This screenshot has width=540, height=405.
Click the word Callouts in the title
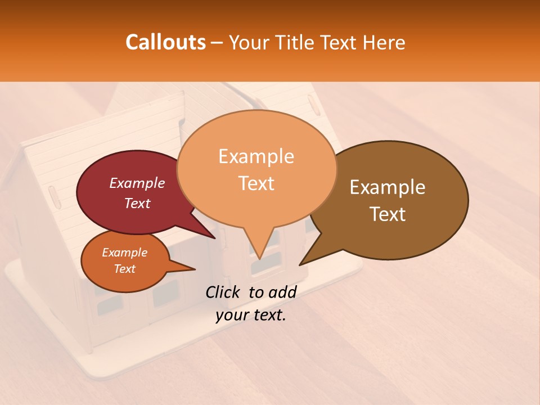tap(165, 42)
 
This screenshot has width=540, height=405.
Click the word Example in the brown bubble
tap(388, 187)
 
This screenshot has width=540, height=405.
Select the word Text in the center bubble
tap(256, 183)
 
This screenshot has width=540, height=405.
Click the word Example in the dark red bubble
tap(137, 183)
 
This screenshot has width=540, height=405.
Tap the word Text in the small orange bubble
tap(125, 269)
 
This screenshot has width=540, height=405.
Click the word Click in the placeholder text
tap(224, 292)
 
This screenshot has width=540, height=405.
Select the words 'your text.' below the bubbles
tap(251, 315)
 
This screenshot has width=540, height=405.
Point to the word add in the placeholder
tap(282, 292)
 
